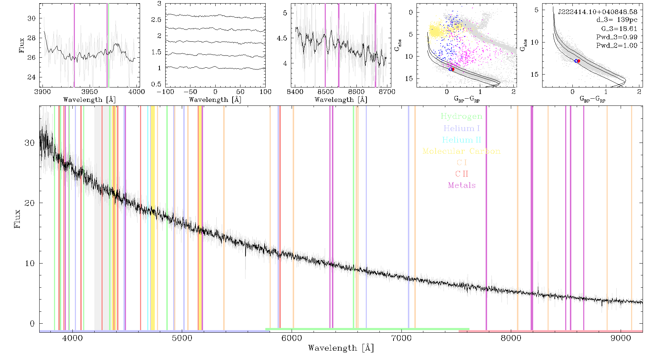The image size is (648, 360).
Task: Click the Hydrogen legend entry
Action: [461, 116]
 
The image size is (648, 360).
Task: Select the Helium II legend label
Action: [462, 140]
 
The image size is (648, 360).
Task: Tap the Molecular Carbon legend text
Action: [462, 151]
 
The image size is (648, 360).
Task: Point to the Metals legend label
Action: [462, 185]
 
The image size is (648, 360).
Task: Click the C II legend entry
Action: [462, 174]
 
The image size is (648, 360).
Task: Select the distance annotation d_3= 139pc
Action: [617, 20]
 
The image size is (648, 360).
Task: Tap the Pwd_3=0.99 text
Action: [617, 37]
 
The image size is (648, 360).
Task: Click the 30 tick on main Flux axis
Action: [30, 143]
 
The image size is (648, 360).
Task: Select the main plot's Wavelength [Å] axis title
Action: [341, 348]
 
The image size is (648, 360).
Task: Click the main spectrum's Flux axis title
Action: [17, 219]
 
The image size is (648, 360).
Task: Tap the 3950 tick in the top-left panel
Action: [90, 91]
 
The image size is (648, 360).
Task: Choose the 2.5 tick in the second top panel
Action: [156, 19]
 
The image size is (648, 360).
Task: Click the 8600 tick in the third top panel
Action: [356, 91]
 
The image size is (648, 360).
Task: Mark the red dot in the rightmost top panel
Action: [579, 61]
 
